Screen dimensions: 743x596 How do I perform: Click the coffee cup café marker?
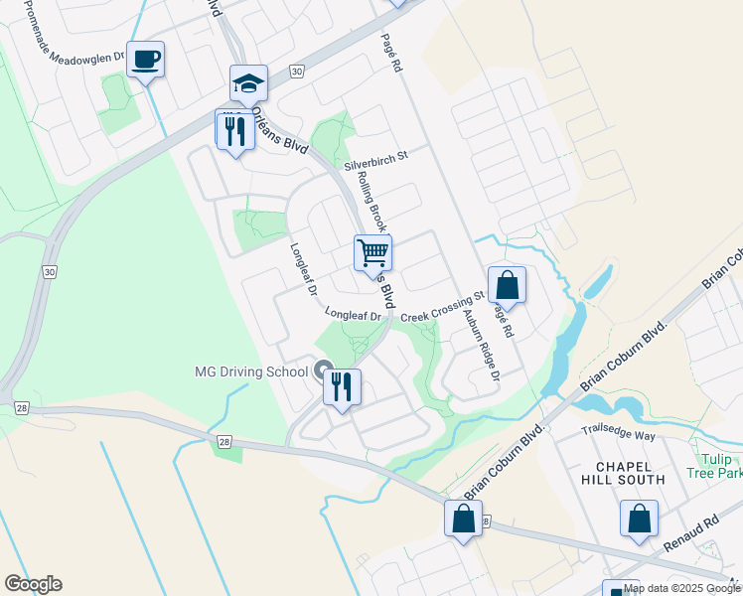145,61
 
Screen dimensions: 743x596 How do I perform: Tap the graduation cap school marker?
248,83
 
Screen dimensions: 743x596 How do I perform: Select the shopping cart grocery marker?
372,252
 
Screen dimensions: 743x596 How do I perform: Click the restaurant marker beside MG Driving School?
341,387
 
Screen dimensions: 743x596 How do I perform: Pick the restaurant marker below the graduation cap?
234,131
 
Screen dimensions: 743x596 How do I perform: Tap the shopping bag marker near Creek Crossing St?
507,285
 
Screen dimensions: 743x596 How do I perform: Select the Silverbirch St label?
376,158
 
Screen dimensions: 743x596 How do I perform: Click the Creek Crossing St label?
442,304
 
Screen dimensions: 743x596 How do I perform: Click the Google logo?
33,584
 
